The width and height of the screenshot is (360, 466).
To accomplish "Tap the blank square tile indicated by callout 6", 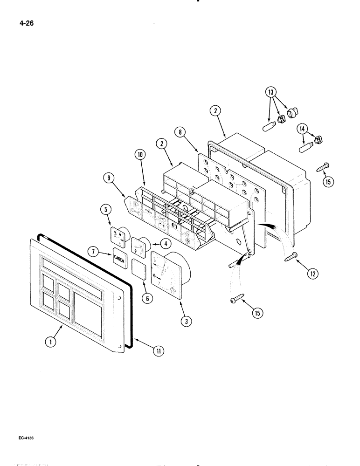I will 138,270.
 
